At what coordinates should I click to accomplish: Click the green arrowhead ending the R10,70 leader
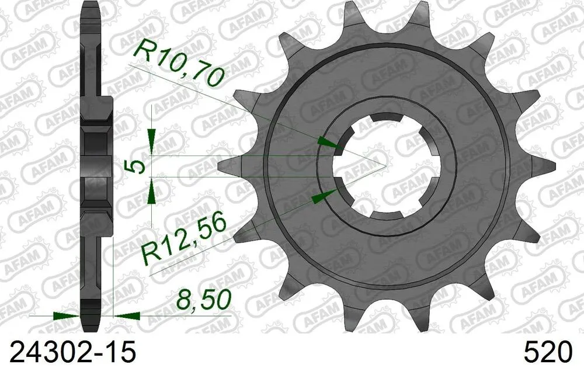click(327, 143)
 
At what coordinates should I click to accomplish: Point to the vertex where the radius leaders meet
click(385, 166)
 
